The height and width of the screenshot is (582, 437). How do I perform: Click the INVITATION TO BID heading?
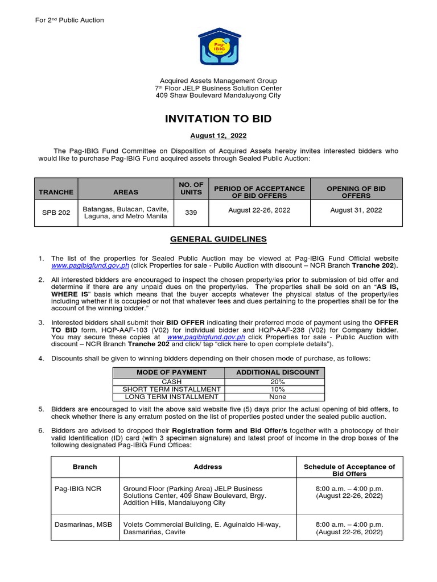coord(218,119)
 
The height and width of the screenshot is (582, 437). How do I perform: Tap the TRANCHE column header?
coord(56,192)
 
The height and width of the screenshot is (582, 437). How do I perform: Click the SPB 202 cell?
coord(56,213)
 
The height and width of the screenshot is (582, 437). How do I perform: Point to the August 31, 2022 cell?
coord(356,210)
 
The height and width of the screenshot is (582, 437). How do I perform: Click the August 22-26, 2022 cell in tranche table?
coord(259,210)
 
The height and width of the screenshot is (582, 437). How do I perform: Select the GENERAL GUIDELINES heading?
coord(218,239)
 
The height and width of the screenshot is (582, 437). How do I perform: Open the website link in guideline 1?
coord(90,265)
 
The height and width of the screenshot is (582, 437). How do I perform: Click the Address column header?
coord(208,467)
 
